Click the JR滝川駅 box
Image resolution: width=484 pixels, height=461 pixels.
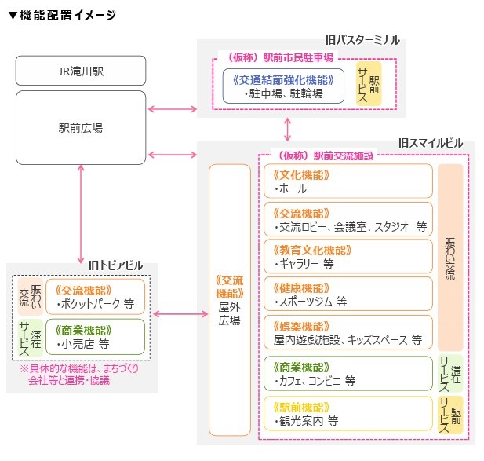click(x=81, y=71)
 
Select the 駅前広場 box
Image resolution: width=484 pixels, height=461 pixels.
click(x=81, y=127)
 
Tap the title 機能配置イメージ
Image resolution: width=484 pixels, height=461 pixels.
click(x=62, y=16)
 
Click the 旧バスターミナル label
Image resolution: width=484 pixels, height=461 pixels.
click(x=362, y=39)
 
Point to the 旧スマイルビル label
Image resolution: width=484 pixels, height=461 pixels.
click(x=430, y=143)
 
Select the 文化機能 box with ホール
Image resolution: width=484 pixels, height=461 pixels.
click(x=348, y=181)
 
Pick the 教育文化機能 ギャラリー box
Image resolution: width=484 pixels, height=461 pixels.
click(x=348, y=257)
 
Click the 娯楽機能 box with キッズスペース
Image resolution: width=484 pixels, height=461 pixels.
click(x=348, y=332)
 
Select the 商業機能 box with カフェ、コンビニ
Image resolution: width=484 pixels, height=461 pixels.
click(x=348, y=374)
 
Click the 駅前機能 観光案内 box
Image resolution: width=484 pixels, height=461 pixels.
click(x=348, y=414)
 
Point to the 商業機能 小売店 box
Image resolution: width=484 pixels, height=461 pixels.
click(x=95, y=336)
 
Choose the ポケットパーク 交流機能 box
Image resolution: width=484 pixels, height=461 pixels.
click(x=95, y=296)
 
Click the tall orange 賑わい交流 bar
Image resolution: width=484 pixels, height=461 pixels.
click(x=449, y=258)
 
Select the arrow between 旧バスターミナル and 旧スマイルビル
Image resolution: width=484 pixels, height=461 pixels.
click(x=289, y=128)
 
